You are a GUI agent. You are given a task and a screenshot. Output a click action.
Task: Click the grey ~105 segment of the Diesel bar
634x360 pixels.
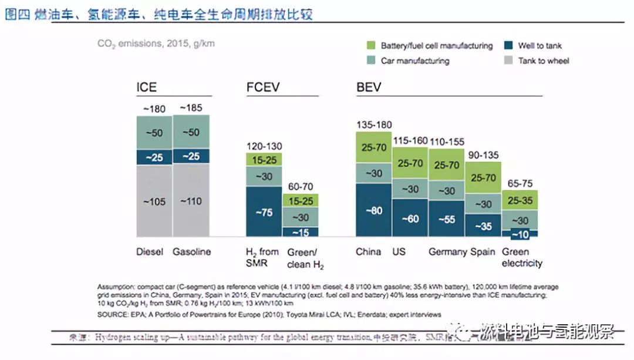[x=154, y=201]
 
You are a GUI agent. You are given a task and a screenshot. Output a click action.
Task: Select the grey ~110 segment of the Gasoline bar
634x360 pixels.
[x=191, y=201]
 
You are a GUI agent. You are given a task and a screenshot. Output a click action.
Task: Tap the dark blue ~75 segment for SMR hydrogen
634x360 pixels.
[x=264, y=211]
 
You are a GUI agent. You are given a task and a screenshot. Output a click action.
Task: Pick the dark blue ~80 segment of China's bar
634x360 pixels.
[x=374, y=210]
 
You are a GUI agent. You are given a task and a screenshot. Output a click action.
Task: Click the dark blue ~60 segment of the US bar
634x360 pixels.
[x=410, y=218]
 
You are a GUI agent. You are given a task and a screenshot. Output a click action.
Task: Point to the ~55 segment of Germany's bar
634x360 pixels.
[x=447, y=218]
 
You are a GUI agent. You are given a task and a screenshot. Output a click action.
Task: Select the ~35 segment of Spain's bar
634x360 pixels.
[x=483, y=226]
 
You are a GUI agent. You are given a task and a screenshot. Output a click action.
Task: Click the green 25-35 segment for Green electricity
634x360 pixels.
[x=520, y=200]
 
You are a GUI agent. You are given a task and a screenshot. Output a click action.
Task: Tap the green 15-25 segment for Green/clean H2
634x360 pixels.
[x=301, y=200]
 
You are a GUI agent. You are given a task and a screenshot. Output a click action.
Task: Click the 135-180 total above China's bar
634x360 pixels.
[x=374, y=125]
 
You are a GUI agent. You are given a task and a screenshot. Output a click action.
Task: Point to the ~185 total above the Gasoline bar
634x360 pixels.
[x=191, y=108]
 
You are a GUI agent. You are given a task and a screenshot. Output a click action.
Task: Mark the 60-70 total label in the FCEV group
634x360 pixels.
[x=301, y=186]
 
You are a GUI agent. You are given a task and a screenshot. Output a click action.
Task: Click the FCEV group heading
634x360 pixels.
[x=263, y=88]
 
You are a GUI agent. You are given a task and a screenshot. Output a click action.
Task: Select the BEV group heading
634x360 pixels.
[x=369, y=88]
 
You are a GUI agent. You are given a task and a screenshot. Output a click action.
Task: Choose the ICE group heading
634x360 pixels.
[x=147, y=88]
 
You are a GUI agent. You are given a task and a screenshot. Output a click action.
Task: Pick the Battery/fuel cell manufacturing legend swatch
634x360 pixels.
[x=370, y=46]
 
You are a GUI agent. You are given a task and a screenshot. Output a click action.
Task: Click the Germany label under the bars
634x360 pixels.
[x=448, y=252]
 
